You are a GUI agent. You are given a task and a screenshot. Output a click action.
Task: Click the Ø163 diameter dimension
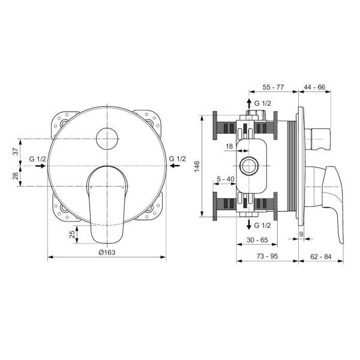106,252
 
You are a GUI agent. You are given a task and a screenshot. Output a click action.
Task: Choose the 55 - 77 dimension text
274,87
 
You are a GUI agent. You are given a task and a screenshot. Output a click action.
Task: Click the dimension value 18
229,146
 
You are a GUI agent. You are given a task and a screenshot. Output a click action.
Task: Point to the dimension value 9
301,233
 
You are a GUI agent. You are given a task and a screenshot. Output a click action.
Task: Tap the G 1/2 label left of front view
37,159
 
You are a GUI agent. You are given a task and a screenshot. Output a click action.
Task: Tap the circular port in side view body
248,166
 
